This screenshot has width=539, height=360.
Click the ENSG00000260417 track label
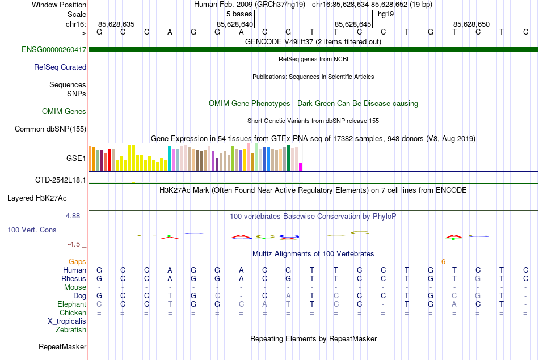54,50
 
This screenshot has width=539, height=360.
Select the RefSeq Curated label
60,67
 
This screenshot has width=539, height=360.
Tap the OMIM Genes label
64,111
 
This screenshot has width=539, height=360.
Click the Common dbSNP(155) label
50,129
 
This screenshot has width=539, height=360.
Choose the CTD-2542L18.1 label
61,180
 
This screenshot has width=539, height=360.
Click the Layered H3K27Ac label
37,198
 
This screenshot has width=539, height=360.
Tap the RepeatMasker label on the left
62,346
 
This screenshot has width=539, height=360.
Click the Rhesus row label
74,278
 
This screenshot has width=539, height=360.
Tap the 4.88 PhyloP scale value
74,216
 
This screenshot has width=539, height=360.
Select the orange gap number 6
443,261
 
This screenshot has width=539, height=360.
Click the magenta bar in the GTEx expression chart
301,167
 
